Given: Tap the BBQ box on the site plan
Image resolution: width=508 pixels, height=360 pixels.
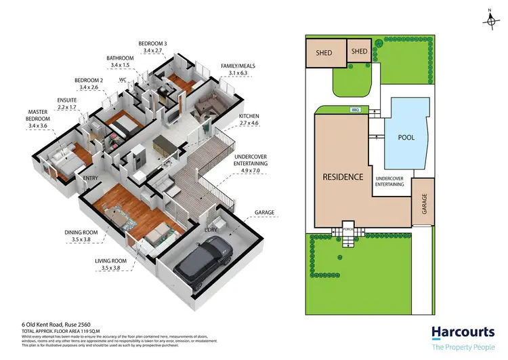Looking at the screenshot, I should pos(354,109).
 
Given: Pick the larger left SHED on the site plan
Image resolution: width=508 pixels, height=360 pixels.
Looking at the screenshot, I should pos(323,53).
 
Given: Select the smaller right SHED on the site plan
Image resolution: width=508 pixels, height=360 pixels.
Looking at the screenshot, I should pos(358,51).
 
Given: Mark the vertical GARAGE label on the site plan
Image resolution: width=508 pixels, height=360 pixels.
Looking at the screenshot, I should pos(424,202).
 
